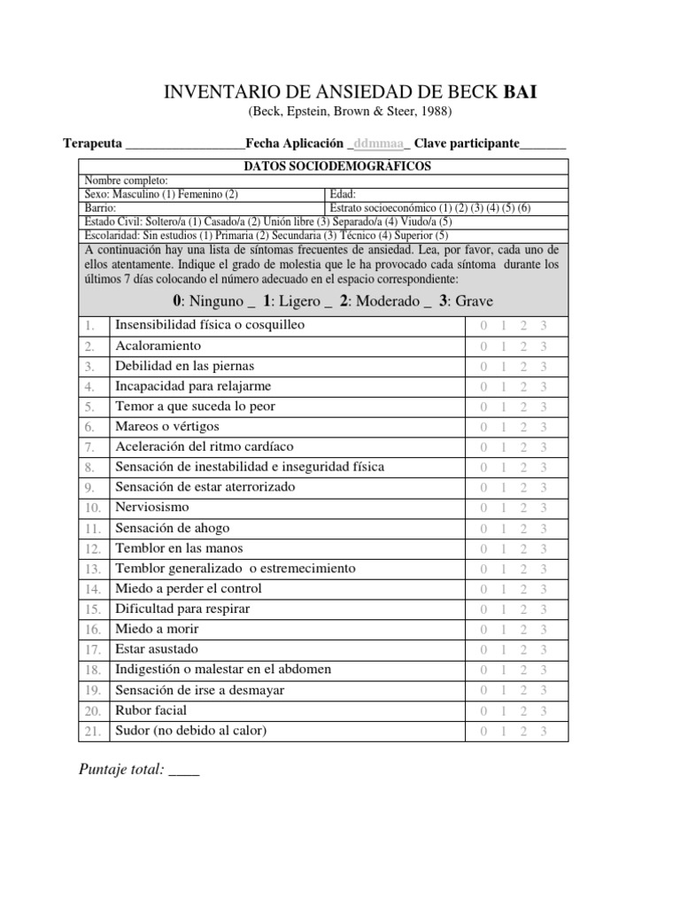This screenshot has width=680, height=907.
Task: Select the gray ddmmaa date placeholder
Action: [x=378, y=143]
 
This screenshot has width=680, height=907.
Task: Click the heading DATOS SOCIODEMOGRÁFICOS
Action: [x=324, y=167]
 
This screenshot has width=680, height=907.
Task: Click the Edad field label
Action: [x=343, y=194]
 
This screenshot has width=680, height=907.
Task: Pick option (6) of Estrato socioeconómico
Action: [x=523, y=208]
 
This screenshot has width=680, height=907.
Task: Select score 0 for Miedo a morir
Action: [x=483, y=630]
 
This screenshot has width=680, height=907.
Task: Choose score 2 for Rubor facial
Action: [x=523, y=711]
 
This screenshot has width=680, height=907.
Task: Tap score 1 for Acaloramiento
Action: [x=503, y=346]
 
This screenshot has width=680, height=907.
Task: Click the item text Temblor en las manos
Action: [x=179, y=548]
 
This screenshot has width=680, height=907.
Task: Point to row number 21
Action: [x=91, y=732]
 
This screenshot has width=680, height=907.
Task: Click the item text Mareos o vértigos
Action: [x=167, y=426]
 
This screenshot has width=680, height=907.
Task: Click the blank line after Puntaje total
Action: [x=183, y=771]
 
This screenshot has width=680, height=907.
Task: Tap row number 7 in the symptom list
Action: [x=89, y=447]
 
